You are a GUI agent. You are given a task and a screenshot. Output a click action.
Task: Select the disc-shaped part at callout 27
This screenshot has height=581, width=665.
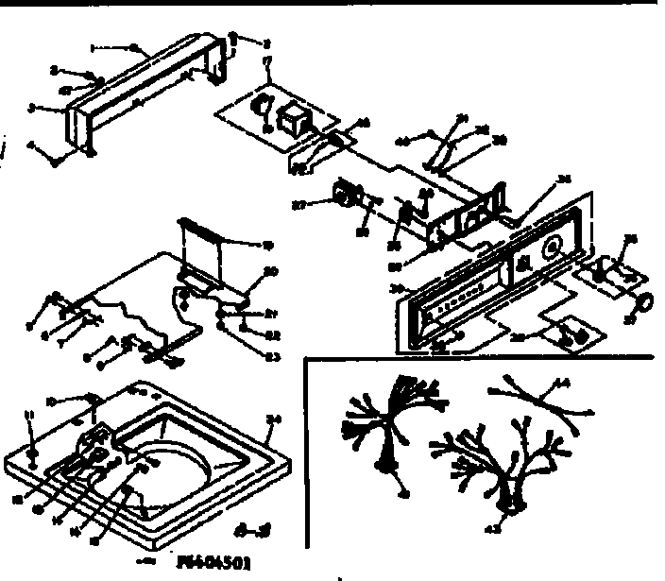[x=343, y=196]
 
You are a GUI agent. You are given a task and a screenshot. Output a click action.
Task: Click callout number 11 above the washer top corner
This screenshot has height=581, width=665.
[x=28, y=416]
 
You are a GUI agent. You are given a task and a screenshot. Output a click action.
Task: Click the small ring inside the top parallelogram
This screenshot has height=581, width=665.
[x=264, y=104]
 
